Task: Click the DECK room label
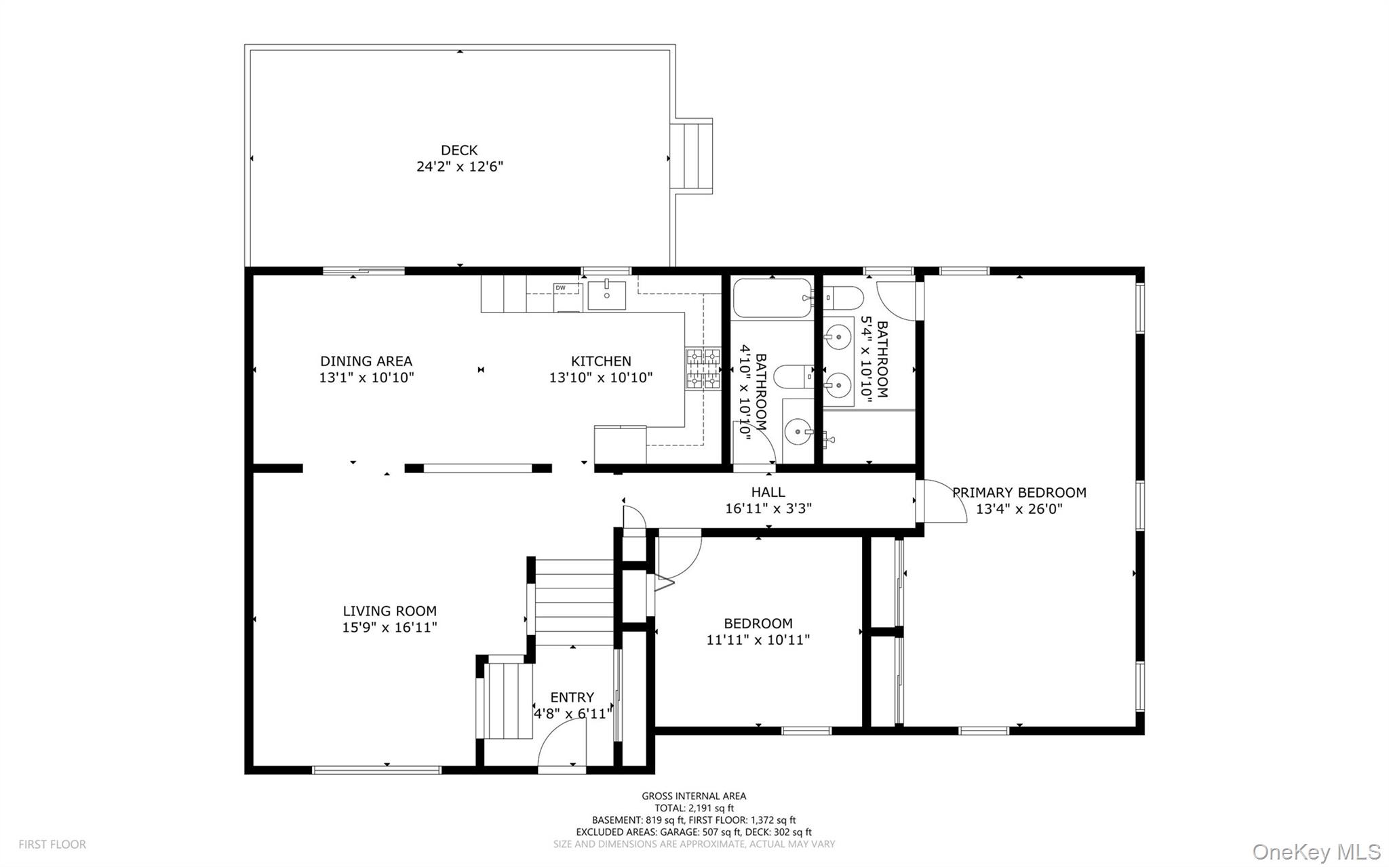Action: click(459, 150)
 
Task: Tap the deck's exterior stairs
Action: click(691, 157)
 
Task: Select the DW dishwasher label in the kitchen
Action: click(560, 288)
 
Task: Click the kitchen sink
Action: click(606, 294)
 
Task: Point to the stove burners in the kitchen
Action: click(703, 369)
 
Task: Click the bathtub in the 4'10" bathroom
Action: click(772, 298)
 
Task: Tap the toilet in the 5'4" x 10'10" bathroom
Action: click(843, 297)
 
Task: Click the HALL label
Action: click(768, 492)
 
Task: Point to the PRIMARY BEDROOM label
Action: click(1019, 493)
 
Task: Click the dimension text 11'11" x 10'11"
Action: click(758, 639)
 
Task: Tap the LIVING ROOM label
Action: click(389, 611)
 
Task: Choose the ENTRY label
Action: click(572, 697)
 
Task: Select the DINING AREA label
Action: click(366, 361)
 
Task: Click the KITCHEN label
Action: click(601, 361)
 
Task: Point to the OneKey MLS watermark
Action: click(1316, 852)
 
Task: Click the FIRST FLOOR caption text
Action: click(52, 845)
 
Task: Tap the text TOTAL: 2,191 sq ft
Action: click(694, 808)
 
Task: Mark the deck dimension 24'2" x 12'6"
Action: click(460, 167)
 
